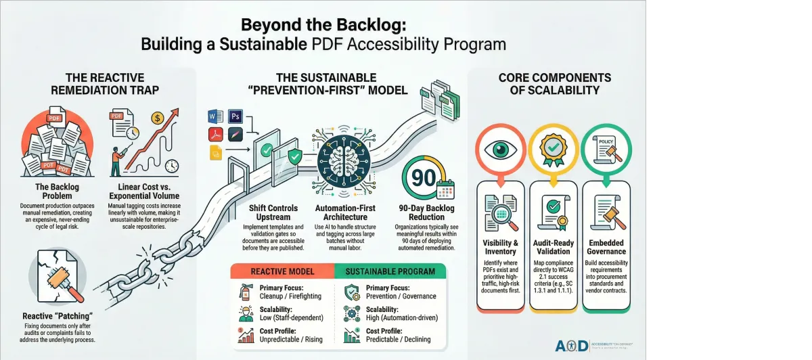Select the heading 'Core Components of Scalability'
(x=554, y=84)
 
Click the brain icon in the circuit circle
(x=343, y=160)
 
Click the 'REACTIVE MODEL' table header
(x=283, y=271)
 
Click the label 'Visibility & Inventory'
(x=501, y=247)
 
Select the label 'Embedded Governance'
(x=607, y=247)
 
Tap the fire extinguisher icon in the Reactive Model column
(x=245, y=292)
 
